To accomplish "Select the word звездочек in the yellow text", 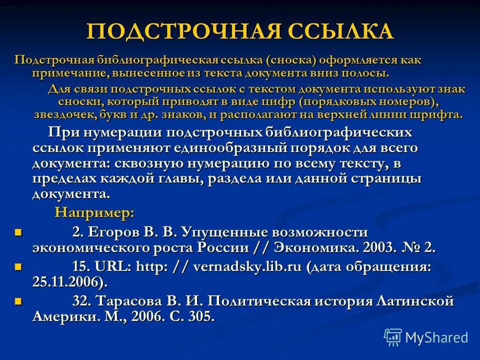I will click(x=62, y=114).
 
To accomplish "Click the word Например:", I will click(x=94, y=212).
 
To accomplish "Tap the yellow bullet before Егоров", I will click(x=18, y=232).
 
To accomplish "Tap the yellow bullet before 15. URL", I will click(x=18, y=267).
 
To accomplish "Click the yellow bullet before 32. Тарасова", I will click(x=18, y=301).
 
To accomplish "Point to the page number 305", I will click(x=202, y=316).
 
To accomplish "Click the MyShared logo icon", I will click(x=393, y=336).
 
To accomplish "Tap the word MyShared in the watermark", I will click(x=436, y=337).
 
